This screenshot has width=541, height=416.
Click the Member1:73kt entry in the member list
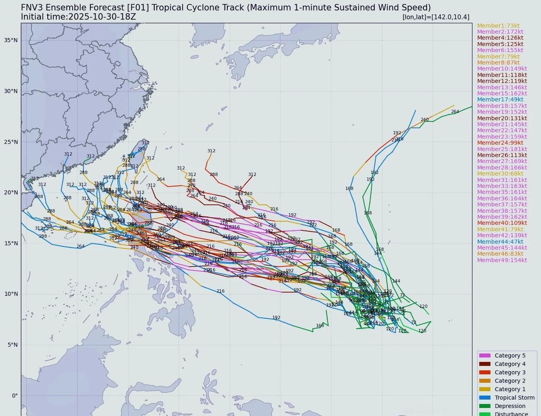click(x=498, y=26)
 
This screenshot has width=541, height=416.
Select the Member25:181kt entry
click(x=502, y=149)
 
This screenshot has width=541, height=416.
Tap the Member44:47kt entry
click(x=500, y=242)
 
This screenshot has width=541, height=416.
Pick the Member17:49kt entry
click(x=500, y=100)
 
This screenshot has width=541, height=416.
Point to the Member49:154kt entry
click(x=502, y=260)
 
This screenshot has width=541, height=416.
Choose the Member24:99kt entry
click(x=500, y=143)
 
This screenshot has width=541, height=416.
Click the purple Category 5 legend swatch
click(x=484, y=356)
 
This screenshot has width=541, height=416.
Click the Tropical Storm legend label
click(x=514, y=397)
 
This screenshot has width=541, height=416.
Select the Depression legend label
click(x=510, y=406)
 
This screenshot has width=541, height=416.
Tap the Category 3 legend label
click(x=510, y=372)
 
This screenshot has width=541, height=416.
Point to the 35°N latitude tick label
click(x=11, y=40)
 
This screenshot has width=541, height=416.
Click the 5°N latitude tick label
click(x=13, y=345)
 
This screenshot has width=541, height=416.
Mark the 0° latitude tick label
click(x=14, y=396)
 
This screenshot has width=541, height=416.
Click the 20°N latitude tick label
click(x=11, y=192)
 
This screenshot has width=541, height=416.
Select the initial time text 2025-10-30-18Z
click(x=101, y=17)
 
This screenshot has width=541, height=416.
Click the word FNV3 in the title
click(x=32, y=8)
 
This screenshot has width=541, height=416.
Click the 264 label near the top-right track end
click(x=455, y=112)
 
